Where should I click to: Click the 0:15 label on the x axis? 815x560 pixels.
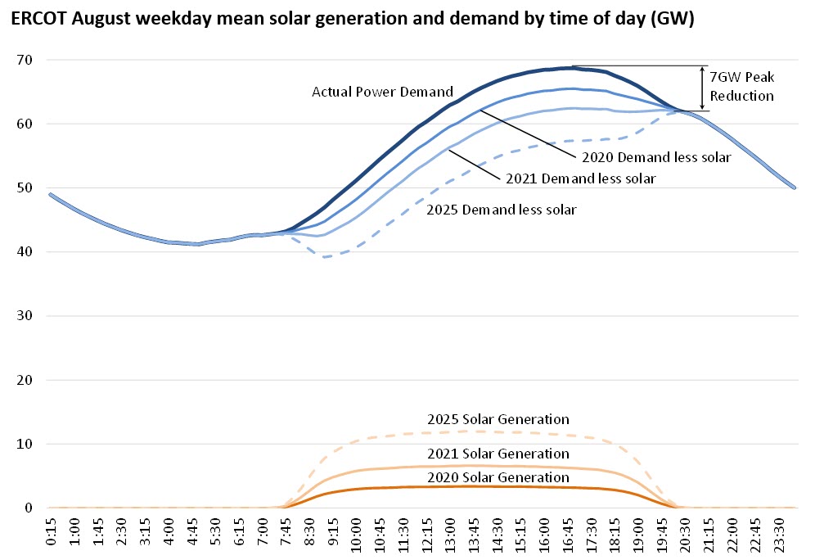point(51,536)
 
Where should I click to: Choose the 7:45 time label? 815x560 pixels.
point(285,536)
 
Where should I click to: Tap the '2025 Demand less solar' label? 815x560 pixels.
point(502,210)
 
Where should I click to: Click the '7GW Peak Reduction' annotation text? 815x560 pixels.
point(742,86)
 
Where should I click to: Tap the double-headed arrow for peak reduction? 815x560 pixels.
point(702,88)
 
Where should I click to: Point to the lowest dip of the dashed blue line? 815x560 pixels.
point(325,257)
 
